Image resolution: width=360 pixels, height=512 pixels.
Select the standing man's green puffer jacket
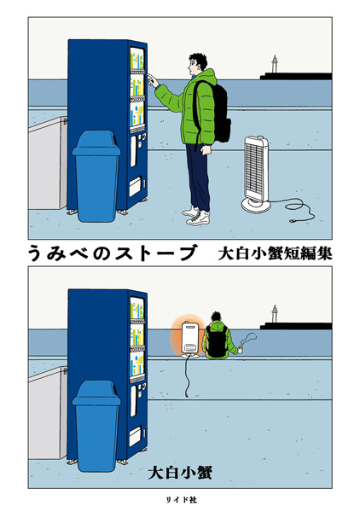[x=195, y=111]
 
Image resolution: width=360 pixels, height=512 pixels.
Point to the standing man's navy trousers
[x=198, y=175]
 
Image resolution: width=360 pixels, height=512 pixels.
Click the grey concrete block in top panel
[x=47, y=171]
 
